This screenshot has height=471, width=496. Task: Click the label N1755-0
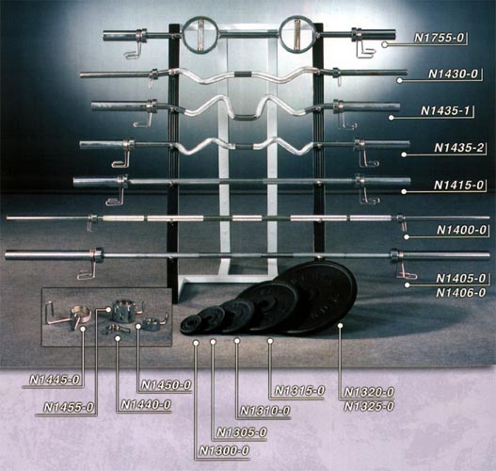point(440,38)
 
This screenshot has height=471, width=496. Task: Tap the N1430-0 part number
point(453,74)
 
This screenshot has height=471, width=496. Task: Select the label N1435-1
point(445,111)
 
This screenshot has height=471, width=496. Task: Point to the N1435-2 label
point(459,148)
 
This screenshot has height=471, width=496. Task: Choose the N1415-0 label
point(459,185)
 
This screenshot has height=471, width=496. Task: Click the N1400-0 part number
point(461,230)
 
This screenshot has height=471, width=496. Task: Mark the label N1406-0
point(460,293)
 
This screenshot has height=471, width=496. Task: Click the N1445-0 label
point(54,380)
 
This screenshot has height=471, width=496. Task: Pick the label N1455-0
point(69,407)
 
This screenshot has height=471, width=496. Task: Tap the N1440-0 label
point(146,405)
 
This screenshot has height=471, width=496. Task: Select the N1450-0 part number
point(166,385)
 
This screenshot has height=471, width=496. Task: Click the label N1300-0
point(224,450)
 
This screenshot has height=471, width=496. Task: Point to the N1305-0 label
point(242,432)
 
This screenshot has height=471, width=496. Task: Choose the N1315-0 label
point(299,391)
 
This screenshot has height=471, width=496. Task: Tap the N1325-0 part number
point(369,406)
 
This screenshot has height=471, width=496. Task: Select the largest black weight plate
point(318,298)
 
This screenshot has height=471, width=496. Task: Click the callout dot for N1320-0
point(340,326)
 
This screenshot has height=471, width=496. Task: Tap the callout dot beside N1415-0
point(404,192)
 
